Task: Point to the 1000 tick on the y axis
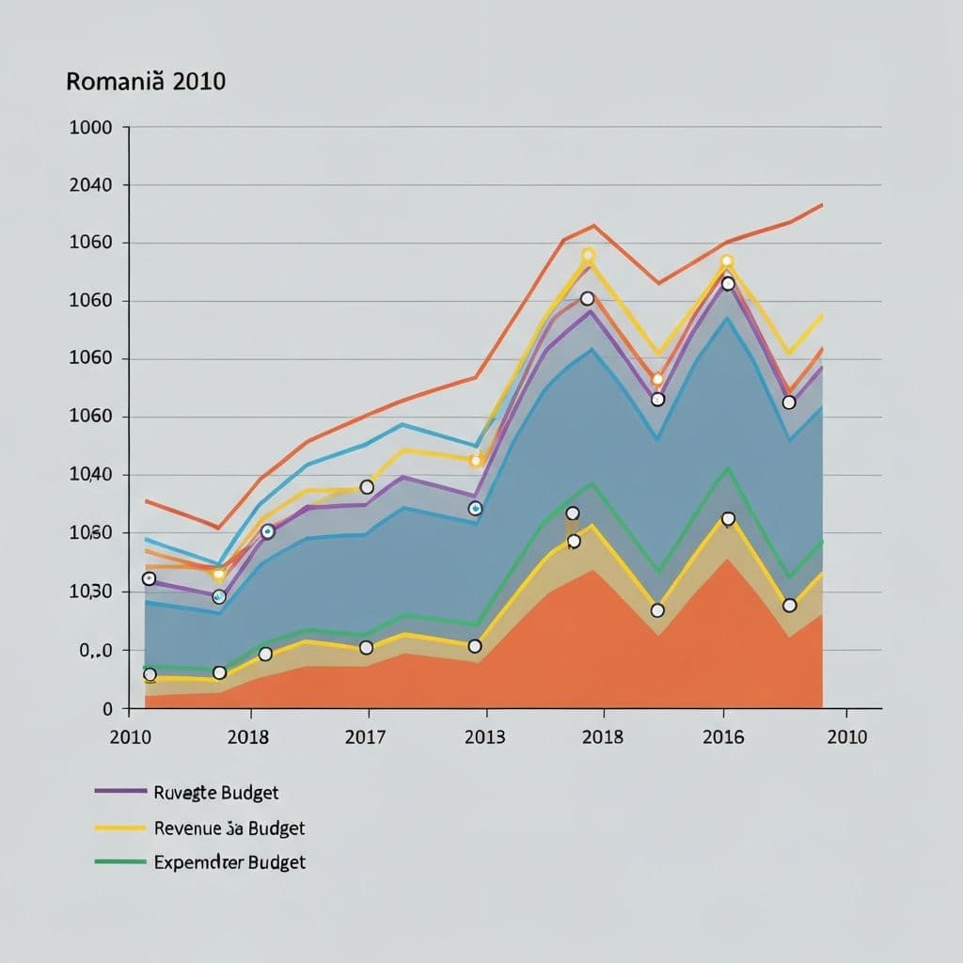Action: (90, 127)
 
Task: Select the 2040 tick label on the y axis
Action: (90, 185)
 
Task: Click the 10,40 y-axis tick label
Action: (90, 475)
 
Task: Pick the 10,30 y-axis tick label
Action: (90, 592)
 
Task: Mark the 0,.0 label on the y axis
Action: (95, 650)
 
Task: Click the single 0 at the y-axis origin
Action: (108, 709)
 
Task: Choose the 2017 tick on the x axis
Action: (365, 736)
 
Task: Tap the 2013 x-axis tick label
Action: (484, 736)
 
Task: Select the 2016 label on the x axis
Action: (723, 736)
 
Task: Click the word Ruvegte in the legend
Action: (185, 793)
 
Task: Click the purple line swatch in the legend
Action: (120, 792)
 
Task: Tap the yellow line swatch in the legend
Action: (120, 828)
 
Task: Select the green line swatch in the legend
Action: (120, 861)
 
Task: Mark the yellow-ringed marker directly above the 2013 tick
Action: (475, 460)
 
